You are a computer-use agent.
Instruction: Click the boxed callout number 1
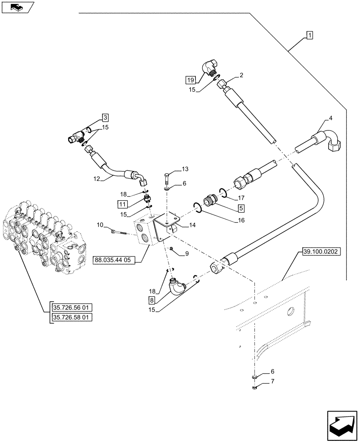click(x=309, y=35)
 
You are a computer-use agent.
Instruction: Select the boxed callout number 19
click(x=190, y=80)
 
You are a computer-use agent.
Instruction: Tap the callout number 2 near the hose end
click(x=241, y=76)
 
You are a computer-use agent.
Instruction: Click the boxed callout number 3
click(x=105, y=117)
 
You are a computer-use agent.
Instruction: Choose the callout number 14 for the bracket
click(x=191, y=225)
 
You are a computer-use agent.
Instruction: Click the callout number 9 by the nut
click(x=186, y=254)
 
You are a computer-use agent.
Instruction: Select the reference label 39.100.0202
click(x=321, y=252)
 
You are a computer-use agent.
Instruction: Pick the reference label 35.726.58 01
click(x=70, y=317)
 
